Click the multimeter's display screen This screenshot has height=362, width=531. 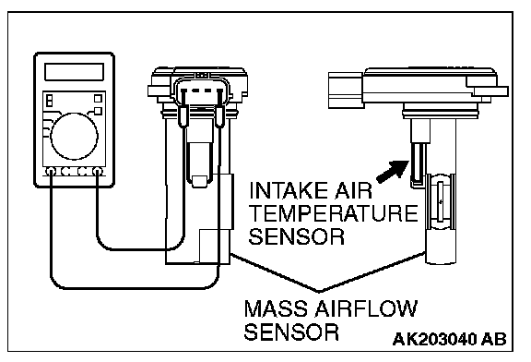74,72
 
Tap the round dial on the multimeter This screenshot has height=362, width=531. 74,137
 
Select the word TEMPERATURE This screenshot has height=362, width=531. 334,213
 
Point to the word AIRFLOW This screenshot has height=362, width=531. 366,308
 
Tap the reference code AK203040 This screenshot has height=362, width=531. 434,339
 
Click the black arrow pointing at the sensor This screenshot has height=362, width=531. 393,172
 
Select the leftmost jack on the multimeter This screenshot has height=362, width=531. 51,172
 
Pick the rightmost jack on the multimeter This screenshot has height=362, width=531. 98,172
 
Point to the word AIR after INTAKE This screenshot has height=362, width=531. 352,190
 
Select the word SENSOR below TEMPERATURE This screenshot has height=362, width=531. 297,236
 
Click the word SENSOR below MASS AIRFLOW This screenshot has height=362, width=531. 291,332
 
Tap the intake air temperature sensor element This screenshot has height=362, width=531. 418,163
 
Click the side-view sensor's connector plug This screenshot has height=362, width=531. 346,90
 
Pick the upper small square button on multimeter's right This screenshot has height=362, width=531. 98,99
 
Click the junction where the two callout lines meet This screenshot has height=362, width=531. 318,292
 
